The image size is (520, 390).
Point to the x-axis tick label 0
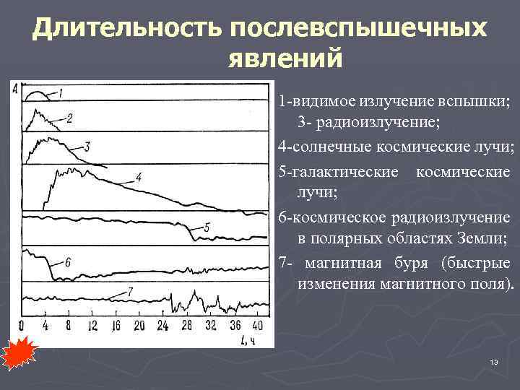22,325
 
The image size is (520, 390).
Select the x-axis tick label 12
92,325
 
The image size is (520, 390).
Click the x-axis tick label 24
162,325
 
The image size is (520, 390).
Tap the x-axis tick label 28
186,325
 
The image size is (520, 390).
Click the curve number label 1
61,92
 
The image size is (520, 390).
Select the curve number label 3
87,146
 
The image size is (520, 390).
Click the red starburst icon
16,354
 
